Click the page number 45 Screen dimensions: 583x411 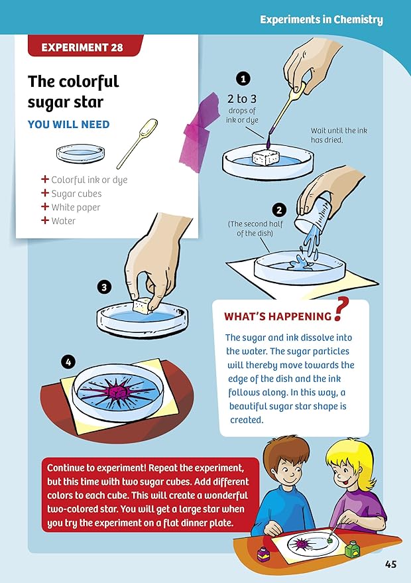(x=390, y=564)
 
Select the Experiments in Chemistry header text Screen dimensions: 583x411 (x=321, y=20)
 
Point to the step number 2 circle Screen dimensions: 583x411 (x=279, y=210)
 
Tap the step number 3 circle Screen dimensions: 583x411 (x=103, y=287)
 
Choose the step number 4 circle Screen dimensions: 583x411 (x=68, y=361)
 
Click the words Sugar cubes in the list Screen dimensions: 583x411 (x=76, y=194)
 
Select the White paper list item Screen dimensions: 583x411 (x=76, y=207)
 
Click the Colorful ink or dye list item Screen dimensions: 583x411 (x=89, y=180)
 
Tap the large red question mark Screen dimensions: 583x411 (x=341, y=310)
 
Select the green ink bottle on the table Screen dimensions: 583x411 (x=353, y=548)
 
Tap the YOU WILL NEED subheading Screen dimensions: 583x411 (x=68, y=124)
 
